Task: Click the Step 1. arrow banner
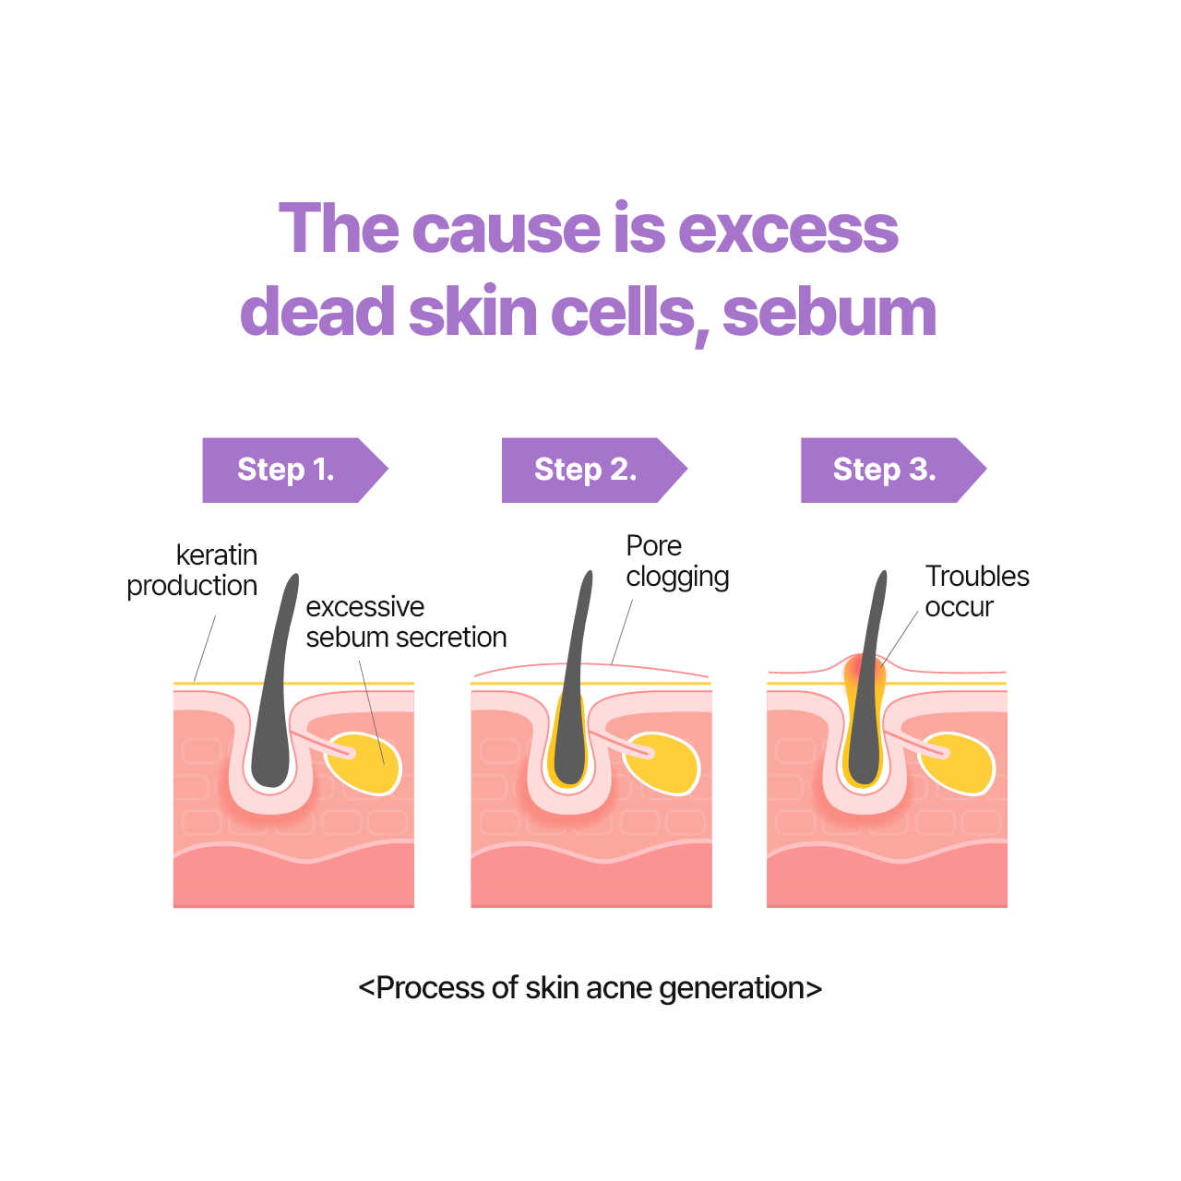click(295, 470)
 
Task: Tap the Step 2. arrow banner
click(594, 470)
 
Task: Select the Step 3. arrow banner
click(893, 470)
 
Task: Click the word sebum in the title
click(829, 313)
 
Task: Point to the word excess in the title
click(788, 229)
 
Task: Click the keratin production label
click(192, 570)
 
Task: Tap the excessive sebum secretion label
click(406, 622)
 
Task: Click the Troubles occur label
click(977, 591)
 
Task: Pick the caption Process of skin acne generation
click(590, 988)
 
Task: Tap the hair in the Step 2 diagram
click(572, 677)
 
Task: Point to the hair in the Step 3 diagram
click(867, 677)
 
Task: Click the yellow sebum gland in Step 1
click(364, 763)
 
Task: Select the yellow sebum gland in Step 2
click(662, 763)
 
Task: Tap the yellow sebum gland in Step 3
click(958, 763)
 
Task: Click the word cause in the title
click(507, 229)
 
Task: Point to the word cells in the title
click(623, 309)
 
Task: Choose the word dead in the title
click(317, 309)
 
